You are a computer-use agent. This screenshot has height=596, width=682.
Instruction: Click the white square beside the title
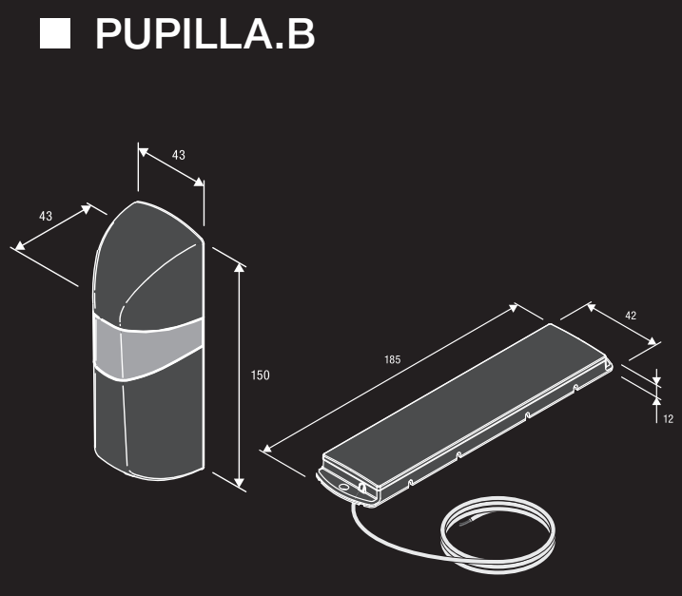[x=55, y=33]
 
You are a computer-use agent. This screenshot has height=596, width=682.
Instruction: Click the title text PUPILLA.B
[x=205, y=34]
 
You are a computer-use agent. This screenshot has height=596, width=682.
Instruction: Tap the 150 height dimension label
[x=260, y=375]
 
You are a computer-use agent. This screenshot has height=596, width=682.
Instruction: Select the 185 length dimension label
[x=392, y=359]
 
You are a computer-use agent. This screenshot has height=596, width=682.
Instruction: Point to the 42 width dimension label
[x=631, y=316]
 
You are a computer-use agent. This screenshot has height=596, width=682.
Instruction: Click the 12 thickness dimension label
[x=668, y=419]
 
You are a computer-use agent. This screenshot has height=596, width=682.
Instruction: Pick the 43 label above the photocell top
[x=178, y=155]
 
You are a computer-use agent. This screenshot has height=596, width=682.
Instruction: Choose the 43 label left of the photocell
[x=46, y=216]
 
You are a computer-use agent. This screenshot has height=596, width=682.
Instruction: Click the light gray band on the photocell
[x=147, y=348]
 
